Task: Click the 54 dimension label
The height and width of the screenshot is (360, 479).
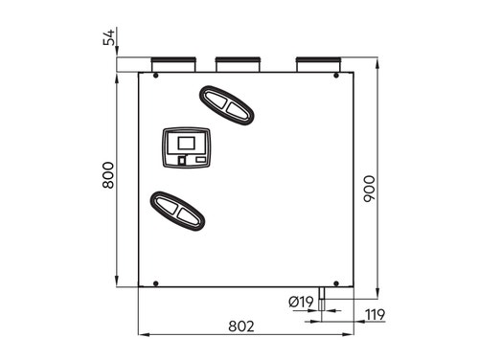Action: pyautogui.click(x=109, y=37)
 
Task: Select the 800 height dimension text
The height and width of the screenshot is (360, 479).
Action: pyautogui.click(x=108, y=175)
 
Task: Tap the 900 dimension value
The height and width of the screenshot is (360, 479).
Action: pyautogui.click(x=370, y=189)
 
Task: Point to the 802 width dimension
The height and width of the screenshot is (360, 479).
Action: pyautogui.click(x=241, y=326)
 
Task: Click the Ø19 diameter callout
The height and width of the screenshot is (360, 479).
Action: pyautogui.click(x=301, y=302)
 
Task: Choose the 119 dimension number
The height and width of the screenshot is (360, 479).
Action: pyautogui.click(x=376, y=315)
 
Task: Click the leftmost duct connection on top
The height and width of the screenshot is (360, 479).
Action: pyautogui.click(x=172, y=64)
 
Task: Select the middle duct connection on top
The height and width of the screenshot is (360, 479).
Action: pyautogui.click(x=238, y=64)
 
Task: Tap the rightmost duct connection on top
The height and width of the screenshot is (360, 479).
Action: pyautogui.click(x=319, y=64)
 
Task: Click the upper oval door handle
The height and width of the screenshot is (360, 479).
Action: pyautogui.click(x=227, y=105)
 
